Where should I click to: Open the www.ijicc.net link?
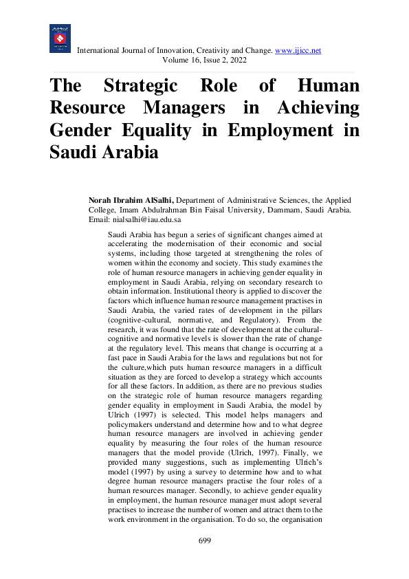click(x=298, y=51)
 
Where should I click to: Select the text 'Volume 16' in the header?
click(x=179, y=61)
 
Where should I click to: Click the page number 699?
click(x=204, y=541)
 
